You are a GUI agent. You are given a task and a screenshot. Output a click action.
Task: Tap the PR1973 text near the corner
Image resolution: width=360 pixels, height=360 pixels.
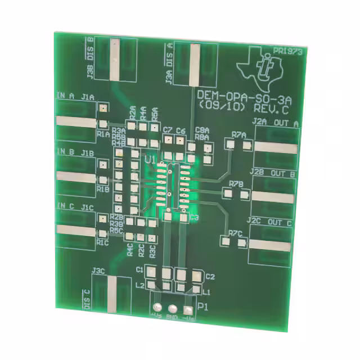pos(287,51)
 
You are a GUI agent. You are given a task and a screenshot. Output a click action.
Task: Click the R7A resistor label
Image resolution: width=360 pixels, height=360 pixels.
pos(239,135)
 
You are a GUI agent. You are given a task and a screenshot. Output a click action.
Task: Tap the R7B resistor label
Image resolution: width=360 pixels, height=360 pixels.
pos(236,184)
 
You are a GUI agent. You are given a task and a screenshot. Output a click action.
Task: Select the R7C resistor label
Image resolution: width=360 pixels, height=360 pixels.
pos(235,233)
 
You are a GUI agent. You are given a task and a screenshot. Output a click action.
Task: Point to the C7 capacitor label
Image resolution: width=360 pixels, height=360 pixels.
pos(167,130)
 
